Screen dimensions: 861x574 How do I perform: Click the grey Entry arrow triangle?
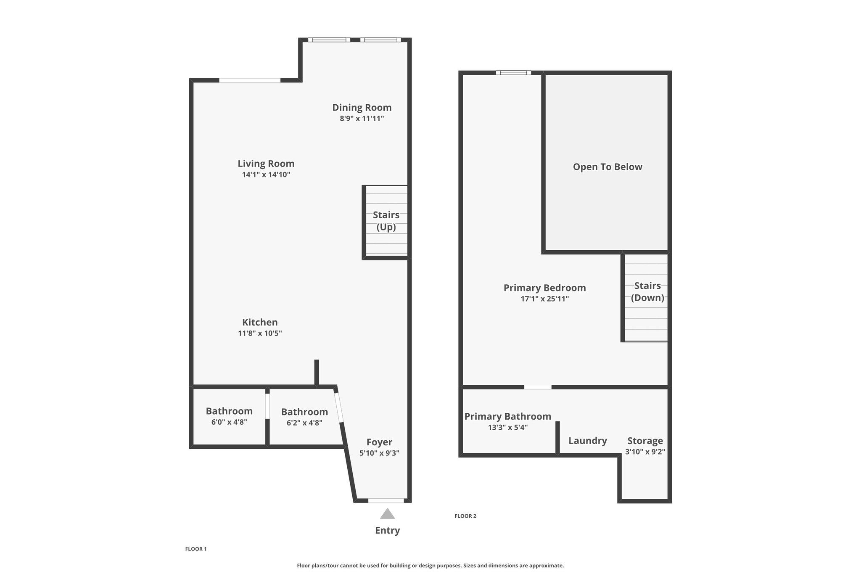click(387, 514)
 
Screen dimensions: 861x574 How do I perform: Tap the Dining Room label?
click(362, 108)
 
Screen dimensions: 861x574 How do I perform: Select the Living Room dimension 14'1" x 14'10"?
click(266, 175)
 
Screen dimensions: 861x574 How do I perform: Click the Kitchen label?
click(260, 323)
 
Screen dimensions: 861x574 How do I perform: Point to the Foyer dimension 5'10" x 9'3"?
click(379, 453)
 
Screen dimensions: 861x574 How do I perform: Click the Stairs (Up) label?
click(386, 221)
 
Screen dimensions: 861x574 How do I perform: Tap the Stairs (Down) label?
click(647, 292)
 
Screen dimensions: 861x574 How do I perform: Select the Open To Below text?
click(607, 167)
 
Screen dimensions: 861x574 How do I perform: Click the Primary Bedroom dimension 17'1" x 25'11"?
click(544, 299)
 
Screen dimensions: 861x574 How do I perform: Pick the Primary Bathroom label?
click(507, 416)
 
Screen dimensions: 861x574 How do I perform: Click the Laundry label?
click(588, 441)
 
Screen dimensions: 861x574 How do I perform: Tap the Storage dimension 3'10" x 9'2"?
click(645, 452)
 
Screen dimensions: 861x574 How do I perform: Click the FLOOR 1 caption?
click(196, 549)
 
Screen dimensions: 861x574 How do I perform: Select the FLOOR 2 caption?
click(465, 516)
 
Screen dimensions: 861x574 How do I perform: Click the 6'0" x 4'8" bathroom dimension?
click(229, 422)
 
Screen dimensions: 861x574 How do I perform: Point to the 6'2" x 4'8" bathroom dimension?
click(304, 423)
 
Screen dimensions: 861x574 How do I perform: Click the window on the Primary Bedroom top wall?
click(513, 73)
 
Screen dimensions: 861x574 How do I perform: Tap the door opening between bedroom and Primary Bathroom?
click(538, 387)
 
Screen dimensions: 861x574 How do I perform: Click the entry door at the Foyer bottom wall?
click(386, 500)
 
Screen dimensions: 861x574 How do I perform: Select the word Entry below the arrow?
click(387, 531)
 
